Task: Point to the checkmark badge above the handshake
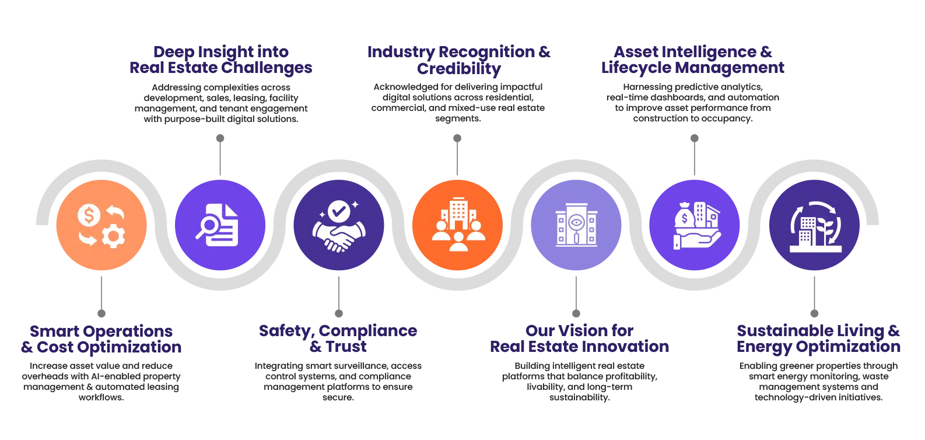click(x=338, y=211)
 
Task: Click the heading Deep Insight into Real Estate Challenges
click(x=219, y=59)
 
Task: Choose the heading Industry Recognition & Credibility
click(x=458, y=59)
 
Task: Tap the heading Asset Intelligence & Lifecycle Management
click(x=694, y=59)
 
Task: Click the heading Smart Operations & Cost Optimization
click(x=100, y=339)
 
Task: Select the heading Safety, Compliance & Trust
click(x=338, y=339)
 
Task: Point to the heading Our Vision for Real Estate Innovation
click(x=579, y=339)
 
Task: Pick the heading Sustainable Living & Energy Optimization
click(x=818, y=339)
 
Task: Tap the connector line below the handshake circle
click(x=338, y=295)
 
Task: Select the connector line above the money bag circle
click(x=694, y=155)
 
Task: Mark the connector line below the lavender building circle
click(x=576, y=295)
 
